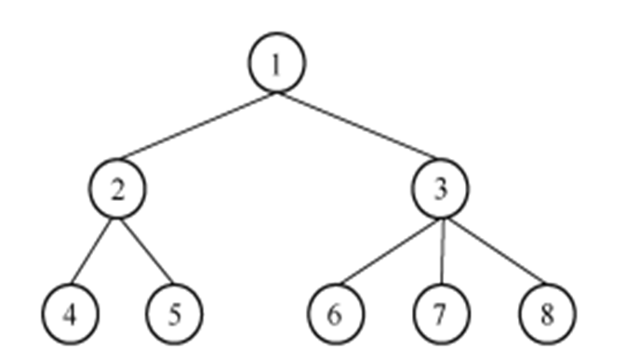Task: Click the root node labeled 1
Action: pos(276,63)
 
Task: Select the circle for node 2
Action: pos(117,189)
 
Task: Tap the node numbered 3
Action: pos(441,189)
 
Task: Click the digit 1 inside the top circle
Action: pos(276,63)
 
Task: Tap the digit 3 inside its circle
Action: pos(441,189)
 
